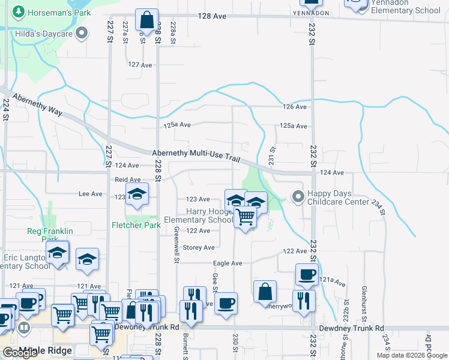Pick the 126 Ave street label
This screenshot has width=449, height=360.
(x=295, y=107)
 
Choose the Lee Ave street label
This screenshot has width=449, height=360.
(x=91, y=194)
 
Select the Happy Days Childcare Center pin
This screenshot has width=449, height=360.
(x=298, y=196)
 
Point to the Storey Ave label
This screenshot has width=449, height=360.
(x=199, y=247)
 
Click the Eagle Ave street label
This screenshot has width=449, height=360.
(x=228, y=263)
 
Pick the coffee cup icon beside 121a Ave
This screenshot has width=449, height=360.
(x=307, y=275)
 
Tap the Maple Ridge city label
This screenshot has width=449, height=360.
(x=37, y=350)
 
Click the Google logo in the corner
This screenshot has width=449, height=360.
(x=19, y=353)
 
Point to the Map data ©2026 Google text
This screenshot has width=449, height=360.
(x=411, y=355)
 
